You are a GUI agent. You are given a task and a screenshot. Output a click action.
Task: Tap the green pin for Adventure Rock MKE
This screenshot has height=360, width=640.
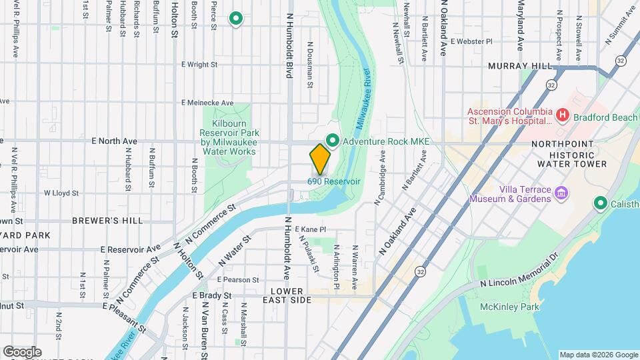(331, 141)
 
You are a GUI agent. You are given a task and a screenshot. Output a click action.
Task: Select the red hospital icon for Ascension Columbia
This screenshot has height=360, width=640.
(562, 117)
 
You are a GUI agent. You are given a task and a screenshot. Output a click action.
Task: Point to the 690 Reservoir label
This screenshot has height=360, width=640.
(333, 181)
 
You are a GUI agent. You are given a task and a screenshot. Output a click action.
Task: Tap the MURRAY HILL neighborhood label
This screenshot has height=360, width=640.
(520, 67)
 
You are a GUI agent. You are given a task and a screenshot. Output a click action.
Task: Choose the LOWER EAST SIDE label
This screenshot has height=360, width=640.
(291, 296)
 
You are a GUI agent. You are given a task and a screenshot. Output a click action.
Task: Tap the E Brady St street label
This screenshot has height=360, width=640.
(211, 295)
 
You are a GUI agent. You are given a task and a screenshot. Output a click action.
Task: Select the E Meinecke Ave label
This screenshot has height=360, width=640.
(207, 103)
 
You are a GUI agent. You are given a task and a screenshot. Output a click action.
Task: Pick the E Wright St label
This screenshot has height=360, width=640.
(199, 65)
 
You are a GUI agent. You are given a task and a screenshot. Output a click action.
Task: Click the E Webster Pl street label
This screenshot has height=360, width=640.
(471, 41)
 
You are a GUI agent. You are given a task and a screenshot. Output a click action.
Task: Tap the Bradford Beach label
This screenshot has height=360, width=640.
(607, 117)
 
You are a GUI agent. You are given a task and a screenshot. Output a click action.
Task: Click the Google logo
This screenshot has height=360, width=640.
(21, 351)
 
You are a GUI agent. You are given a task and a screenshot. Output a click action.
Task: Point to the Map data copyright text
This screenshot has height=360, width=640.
(598, 355)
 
